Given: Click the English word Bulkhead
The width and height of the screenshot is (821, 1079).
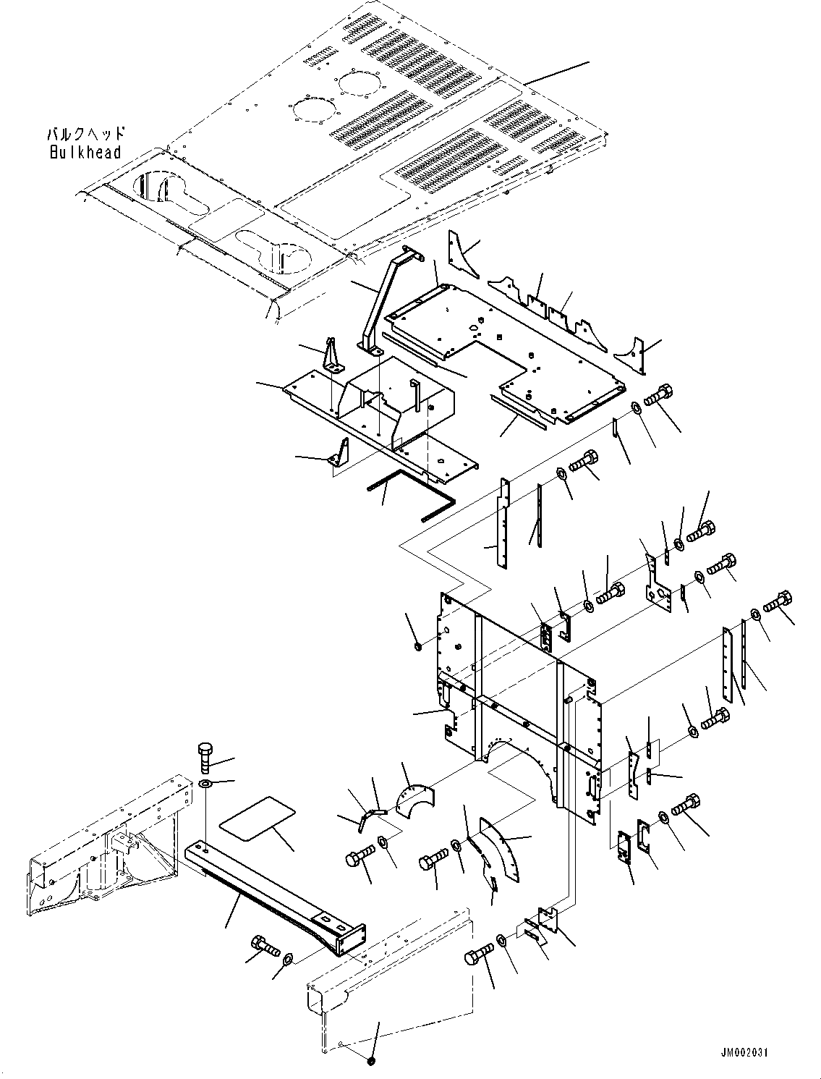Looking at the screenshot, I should [85, 153].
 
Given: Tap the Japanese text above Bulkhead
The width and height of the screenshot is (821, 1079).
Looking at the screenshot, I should [86, 135].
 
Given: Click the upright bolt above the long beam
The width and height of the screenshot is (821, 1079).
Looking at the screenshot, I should [205, 758].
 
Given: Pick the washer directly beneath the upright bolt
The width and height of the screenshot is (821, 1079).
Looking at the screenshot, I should [205, 784].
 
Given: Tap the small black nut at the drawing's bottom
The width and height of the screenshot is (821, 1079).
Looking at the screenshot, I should [371, 1060].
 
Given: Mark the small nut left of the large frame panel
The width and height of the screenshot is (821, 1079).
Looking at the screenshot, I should [419, 644].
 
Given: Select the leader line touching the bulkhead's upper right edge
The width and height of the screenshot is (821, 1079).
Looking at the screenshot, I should [557, 74].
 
